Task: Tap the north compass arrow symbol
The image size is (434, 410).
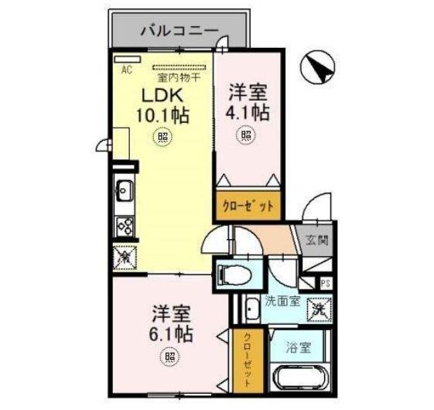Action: click(x=319, y=67)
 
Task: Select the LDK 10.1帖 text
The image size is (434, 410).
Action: click(x=162, y=106)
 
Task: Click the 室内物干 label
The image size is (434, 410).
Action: click(x=179, y=77)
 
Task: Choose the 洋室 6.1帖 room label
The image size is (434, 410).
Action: click(x=172, y=325)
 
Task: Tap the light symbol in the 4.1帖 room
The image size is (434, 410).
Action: click(x=246, y=137)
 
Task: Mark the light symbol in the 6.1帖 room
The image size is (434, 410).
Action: click(x=169, y=357)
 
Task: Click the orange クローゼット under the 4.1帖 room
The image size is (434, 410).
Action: click(x=247, y=205)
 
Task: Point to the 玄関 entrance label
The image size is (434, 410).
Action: click(x=315, y=241)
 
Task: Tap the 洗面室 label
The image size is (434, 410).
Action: click(x=284, y=300)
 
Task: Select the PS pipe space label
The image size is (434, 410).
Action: click(x=326, y=283)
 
